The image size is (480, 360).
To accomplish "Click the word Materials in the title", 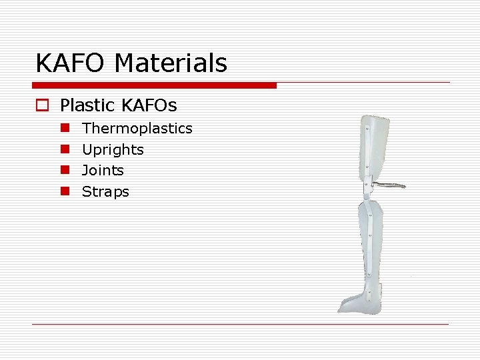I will [171, 64].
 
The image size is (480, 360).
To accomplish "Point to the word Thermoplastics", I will [137, 128].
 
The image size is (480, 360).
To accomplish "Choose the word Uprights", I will [113, 149].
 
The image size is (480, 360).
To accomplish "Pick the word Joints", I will [103, 171].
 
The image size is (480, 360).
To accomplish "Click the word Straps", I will [105, 192].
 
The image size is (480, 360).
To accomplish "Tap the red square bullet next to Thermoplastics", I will [65, 128].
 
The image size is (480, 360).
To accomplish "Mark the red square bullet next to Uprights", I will [65, 149].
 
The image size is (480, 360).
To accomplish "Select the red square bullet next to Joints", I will [65, 171].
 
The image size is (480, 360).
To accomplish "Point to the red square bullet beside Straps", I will [65, 192].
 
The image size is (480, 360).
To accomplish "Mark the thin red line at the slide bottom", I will [240, 325].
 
